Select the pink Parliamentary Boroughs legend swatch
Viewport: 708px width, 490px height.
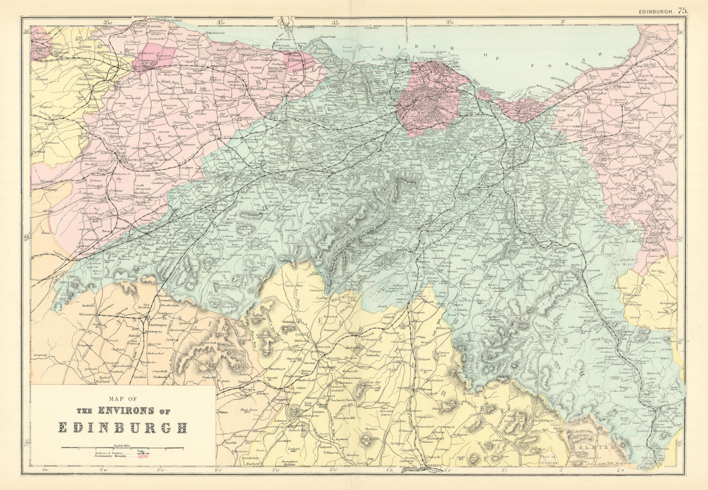pos(143,456)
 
